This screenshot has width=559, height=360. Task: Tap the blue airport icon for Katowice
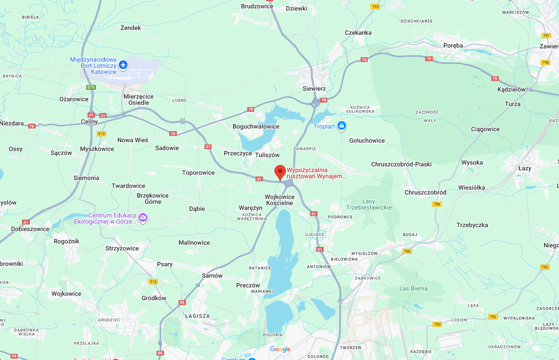[x=123, y=65]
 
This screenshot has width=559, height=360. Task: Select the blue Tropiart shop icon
[x=342, y=126]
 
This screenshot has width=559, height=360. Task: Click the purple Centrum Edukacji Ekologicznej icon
[x=142, y=218]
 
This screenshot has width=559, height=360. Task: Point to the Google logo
[x=280, y=349]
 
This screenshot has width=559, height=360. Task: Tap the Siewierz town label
[x=314, y=88]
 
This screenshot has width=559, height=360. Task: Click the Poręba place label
[x=453, y=45]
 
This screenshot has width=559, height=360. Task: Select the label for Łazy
[x=525, y=168]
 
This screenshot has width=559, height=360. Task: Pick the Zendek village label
[x=131, y=28]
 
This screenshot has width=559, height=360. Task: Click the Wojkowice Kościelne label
[x=280, y=200]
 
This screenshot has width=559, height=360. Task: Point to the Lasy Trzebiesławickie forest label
[x=369, y=205]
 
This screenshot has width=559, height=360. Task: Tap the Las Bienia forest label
[x=413, y=288]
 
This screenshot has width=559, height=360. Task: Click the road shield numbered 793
[x=375, y=7]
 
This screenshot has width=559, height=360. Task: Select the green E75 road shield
[x=91, y=87]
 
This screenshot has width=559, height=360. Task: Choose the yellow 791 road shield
[x=546, y=36]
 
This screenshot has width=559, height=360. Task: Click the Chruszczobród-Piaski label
[x=401, y=164]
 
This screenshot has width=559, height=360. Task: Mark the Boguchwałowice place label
[x=256, y=126]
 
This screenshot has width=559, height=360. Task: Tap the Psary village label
[x=165, y=264]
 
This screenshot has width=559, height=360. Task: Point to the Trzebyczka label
[x=472, y=225]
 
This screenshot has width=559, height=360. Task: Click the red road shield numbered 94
[x=14, y=356]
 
